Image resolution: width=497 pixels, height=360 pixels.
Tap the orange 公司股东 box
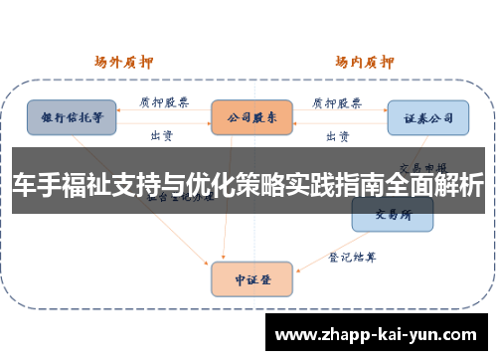250,116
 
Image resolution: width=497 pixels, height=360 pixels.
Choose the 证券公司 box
427,116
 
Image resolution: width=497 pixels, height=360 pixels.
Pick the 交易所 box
392,215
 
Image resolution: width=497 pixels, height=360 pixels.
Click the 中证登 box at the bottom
250,278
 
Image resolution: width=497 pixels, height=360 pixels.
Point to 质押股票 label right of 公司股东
335,101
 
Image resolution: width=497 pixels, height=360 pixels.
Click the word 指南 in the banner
354,185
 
